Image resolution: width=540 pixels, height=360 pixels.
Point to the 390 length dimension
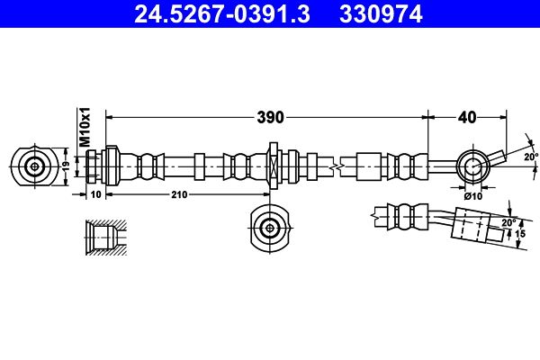tap(270, 116)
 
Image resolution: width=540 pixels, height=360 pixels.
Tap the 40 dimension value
tap(466, 116)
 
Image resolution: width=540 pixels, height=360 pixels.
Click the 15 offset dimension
tap(519, 233)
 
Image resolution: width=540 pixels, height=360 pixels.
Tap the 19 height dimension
tap(65, 166)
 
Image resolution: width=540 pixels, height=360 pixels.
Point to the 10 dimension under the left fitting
tap(96, 193)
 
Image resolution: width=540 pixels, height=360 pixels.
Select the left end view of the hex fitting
tap(35, 166)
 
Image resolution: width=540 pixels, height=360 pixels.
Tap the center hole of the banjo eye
tap(472, 166)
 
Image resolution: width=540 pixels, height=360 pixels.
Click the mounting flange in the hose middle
tap(271, 166)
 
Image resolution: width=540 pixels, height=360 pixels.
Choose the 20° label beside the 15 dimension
tap(508, 221)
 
